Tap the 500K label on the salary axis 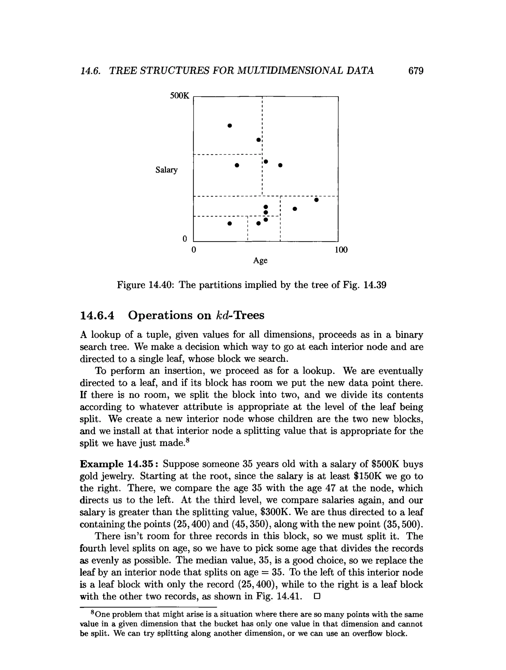click(x=179, y=96)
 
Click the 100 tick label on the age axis click(x=341, y=250)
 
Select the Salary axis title click(x=166, y=170)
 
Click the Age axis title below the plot click(x=260, y=261)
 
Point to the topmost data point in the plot click(x=230, y=125)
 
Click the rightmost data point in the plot click(x=316, y=200)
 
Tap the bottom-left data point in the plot click(x=230, y=223)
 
